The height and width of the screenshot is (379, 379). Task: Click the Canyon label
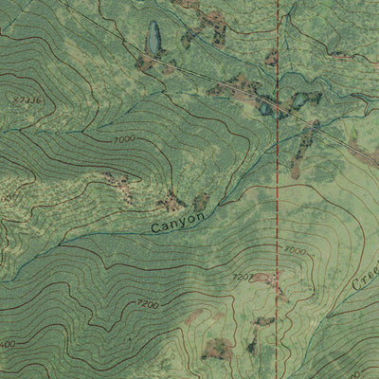(177, 223)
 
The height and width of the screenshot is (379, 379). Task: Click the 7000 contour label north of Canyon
(123, 139)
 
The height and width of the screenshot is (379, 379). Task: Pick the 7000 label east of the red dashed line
(295, 251)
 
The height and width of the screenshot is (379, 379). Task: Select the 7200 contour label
(148, 305)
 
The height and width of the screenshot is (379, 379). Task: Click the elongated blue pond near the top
(153, 40)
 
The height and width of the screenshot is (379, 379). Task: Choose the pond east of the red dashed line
(300, 99)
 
